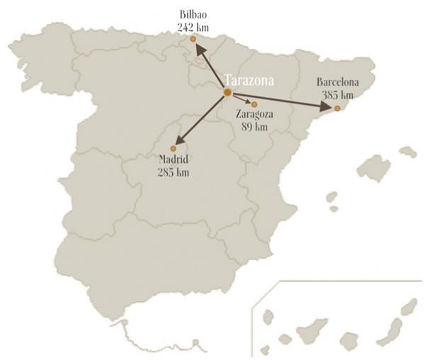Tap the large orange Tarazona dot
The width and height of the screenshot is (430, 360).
227,93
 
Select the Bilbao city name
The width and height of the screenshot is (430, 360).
194,14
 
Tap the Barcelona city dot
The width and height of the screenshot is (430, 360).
337,108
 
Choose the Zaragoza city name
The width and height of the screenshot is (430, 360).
255,115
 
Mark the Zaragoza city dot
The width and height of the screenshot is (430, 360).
254,104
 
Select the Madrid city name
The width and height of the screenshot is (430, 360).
174,159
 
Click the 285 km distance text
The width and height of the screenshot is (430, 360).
174,171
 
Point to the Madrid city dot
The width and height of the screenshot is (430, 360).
173,148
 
